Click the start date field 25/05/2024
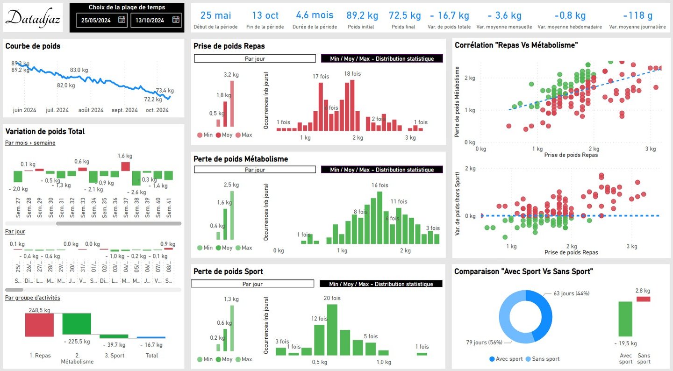[97, 20]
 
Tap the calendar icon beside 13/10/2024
[176, 20]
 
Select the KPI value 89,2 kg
[360, 15]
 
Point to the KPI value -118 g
[637, 15]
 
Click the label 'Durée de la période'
[315, 27]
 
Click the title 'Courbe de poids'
[33, 46]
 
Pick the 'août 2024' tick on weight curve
[91, 110]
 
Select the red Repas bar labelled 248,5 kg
[39, 324]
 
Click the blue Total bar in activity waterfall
[151, 337]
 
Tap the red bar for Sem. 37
[125, 166]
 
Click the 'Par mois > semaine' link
[30, 143]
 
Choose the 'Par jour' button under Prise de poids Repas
[255, 59]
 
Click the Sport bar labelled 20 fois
[332, 329]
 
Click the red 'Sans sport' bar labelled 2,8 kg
[643, 299]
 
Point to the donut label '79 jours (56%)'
[484, 342]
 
